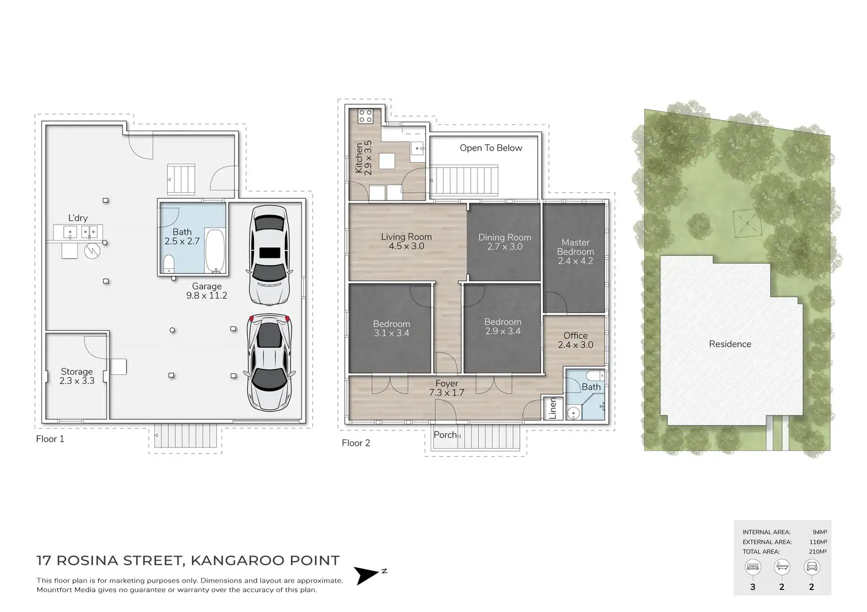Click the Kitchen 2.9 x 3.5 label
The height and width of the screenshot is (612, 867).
(363, 156)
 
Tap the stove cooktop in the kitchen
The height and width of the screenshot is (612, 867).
(364, 116)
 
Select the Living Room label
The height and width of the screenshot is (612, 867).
(406, 237)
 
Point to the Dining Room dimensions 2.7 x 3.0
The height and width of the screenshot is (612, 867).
(505, 247)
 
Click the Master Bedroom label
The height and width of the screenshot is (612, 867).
(575, 247)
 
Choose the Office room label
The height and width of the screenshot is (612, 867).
(575, 335)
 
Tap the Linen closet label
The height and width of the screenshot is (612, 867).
(552, 408)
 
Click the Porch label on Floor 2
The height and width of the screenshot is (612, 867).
(445, 435)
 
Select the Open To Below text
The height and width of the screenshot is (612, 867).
(491, 148)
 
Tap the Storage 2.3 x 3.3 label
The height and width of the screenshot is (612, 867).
(77, 376)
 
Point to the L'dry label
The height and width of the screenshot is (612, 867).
(78, 218)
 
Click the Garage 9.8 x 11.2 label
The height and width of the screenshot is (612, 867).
(207, 291)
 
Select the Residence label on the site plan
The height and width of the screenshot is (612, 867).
(730, 344)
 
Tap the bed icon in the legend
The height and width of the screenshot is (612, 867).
(753, 568)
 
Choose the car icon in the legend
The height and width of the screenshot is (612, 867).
(812, 568)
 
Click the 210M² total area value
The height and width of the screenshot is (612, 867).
(818, 552)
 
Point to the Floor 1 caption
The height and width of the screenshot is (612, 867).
(50, 439)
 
